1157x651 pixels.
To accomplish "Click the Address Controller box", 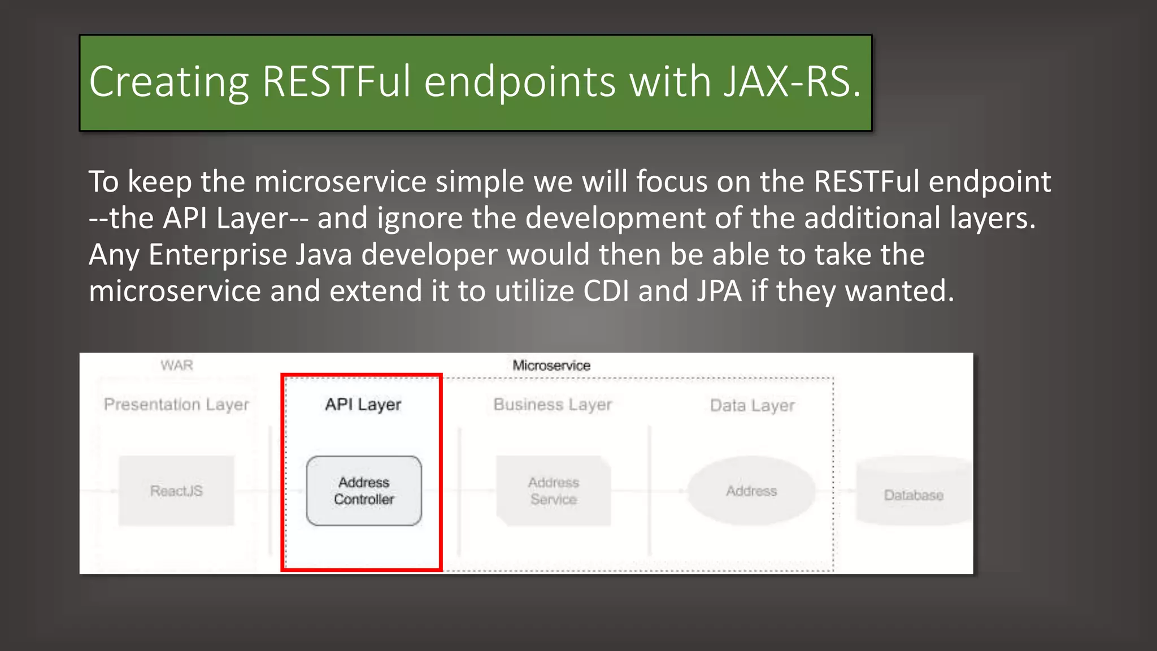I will pyautogui.click(x=364, y=491).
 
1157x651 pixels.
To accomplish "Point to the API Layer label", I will pyautogui.click(x=363, y=405).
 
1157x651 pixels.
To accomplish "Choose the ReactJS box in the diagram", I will pyautogui.click(x=176, y=491).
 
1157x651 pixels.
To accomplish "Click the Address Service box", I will pyautogui.click(x=553, y=491).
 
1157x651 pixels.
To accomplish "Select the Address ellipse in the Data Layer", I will pyautogui.click(x=751, y=491).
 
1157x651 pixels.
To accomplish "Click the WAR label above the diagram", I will pyautogui.click(x=177, y=366).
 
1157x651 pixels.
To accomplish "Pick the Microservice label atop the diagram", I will pyautogui.click(x=551, y=366).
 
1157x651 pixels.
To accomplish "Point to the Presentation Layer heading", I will pyautogui.click(x=176, y=405).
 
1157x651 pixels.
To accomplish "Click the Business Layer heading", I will pyautogui.click(x=553, y=405).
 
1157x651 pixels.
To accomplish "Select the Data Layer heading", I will pyautogui.click(x=752, y=406).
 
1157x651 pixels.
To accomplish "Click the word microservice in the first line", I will pyautogui.click(x=340, y=182).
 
